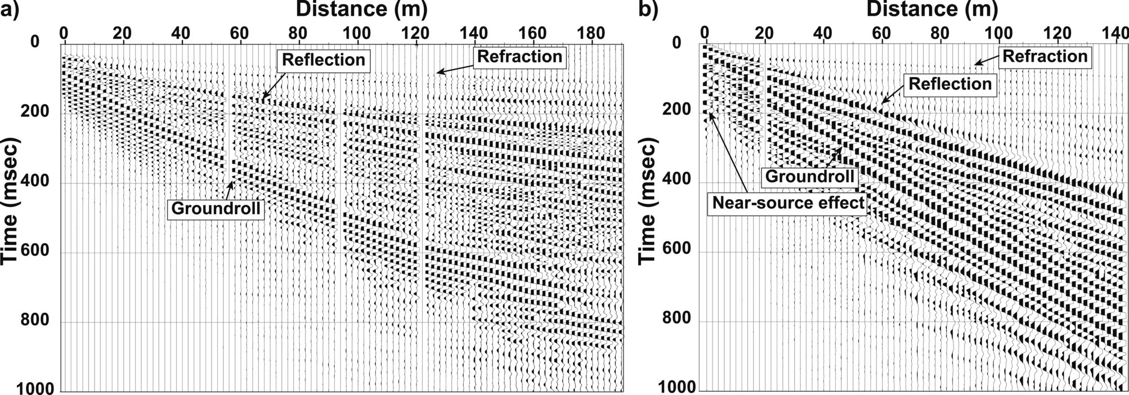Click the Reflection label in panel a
tap(324, 60)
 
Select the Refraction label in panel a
tap(519, 57)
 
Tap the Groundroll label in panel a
tap(216, 209)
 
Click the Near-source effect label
tap(788, 203)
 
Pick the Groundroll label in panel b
tap(809, 177)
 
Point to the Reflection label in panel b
tap(950, 84)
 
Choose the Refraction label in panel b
tap(1045, 56)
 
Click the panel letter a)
tap(10, 10)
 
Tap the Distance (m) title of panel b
tap(932, 10)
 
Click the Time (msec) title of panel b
tap(648, 203)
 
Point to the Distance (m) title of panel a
tap(361, 10)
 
